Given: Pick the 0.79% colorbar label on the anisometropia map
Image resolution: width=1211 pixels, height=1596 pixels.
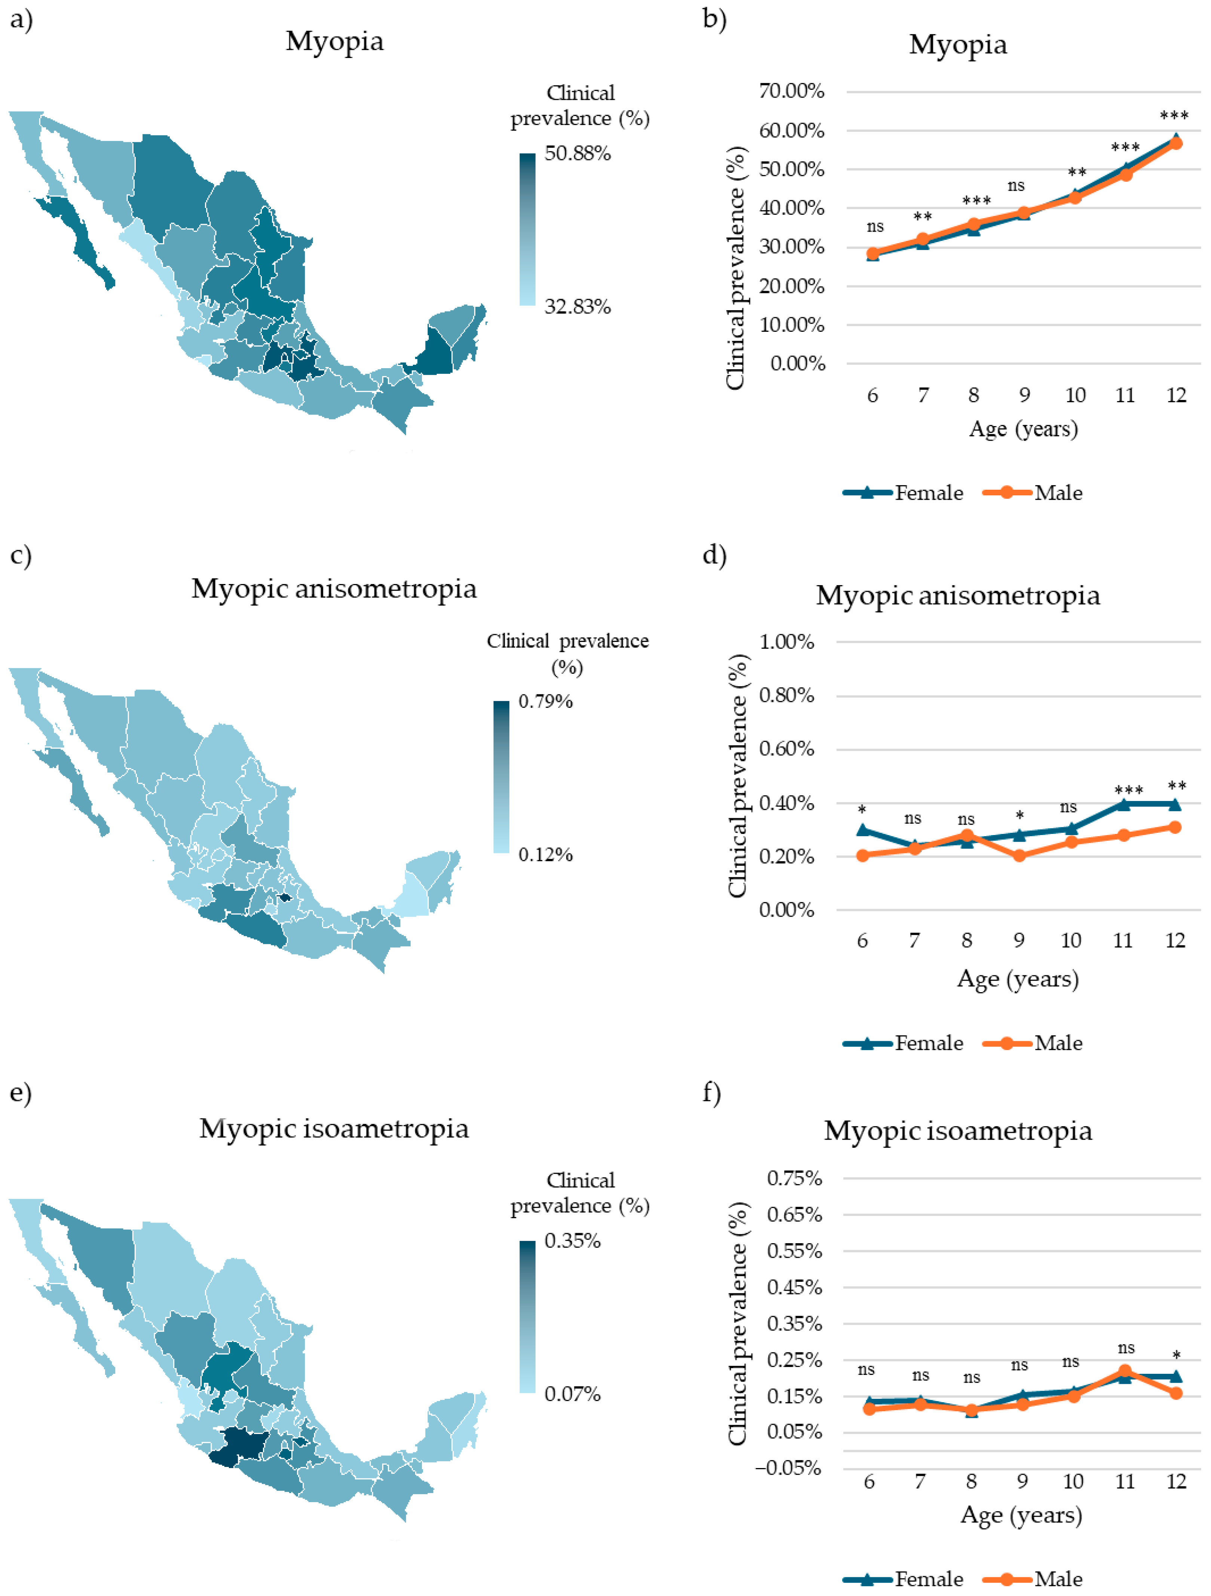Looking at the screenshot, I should pos(545,701).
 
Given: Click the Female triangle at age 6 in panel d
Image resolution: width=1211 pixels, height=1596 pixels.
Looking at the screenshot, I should pos(863,830).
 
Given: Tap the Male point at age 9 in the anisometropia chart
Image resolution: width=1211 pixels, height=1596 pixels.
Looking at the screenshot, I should pos(1019,856).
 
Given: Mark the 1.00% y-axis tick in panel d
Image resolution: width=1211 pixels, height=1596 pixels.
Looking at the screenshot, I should pos(786,641).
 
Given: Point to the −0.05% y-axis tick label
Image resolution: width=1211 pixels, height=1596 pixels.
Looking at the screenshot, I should pos(788,1468).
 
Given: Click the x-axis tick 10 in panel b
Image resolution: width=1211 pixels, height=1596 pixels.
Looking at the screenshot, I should pos(1075,395).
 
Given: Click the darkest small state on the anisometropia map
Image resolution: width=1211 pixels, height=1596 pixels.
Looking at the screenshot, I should pos(285,897).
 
